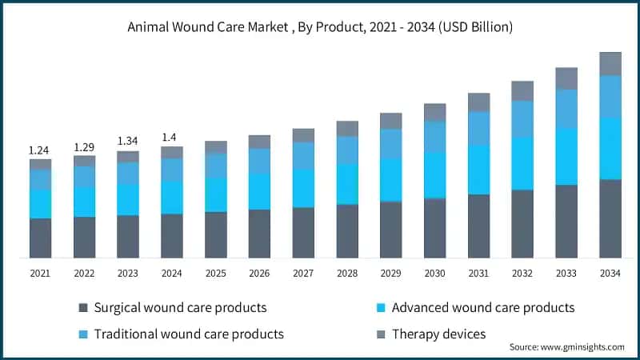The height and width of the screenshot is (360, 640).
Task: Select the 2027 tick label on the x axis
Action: click(x=303, y=274)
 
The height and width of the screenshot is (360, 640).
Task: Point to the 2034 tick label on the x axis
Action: click(x=610, y=274)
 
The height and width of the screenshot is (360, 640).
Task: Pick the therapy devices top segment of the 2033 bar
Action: click(x=566, y=78)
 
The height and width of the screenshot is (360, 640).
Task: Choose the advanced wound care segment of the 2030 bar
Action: click(x=435, y=175)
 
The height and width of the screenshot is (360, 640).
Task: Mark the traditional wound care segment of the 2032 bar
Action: click(x=522, y=118)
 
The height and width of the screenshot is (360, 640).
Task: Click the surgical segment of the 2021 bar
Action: click(x=40, y=238)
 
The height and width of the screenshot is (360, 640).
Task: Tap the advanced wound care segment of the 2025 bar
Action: click(x=216, y=194)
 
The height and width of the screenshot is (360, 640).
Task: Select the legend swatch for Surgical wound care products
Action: click(x=82, y=307)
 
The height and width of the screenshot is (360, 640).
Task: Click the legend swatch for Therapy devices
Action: click(x=380, y=334)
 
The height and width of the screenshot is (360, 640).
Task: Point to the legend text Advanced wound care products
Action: click(x=483, y=307)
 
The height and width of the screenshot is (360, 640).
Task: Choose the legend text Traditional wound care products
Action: click(x=189, y=334)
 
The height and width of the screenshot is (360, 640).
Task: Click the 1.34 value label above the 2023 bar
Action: click(x=128, y=142)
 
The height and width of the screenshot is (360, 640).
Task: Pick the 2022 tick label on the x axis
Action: click(x=84, y=274)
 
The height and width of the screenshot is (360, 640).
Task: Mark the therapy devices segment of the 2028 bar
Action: click(x=347, y=129)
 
